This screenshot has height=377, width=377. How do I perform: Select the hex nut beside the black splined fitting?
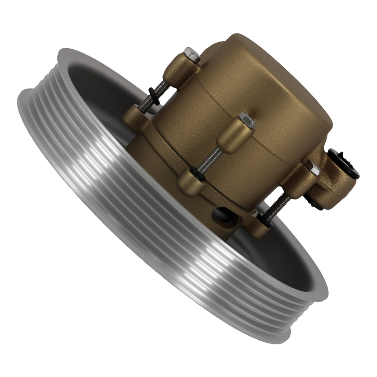[x=313, y=168]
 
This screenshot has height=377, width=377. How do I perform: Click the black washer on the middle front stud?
[x=197, y=172]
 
